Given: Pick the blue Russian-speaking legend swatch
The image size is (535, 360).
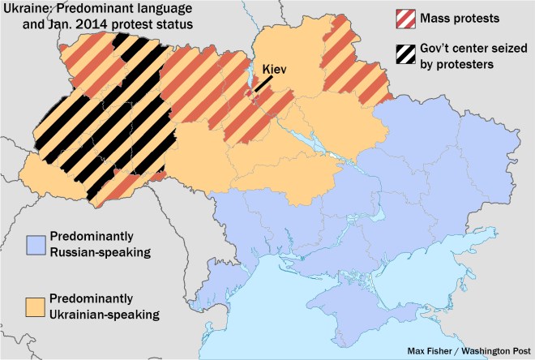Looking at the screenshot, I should (35, 244).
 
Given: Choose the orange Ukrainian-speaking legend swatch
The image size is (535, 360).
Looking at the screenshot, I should (35, 306).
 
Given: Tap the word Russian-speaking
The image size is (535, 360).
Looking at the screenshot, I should (100, 252).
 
